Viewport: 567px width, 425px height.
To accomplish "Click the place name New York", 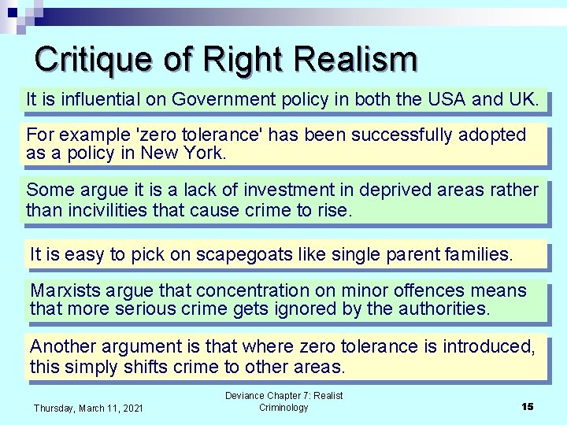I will pyautogui.click(x=183, y=153).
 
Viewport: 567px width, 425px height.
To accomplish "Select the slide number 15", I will pyautogui.click(x=527, y=406).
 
